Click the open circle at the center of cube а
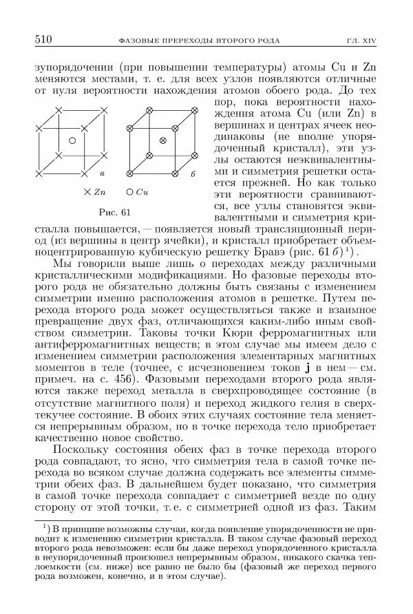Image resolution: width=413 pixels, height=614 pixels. (x=72, y=140)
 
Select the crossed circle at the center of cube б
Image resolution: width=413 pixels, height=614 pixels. (x=162, y=140)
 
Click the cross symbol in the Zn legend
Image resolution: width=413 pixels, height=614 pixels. (x=87, y=191)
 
